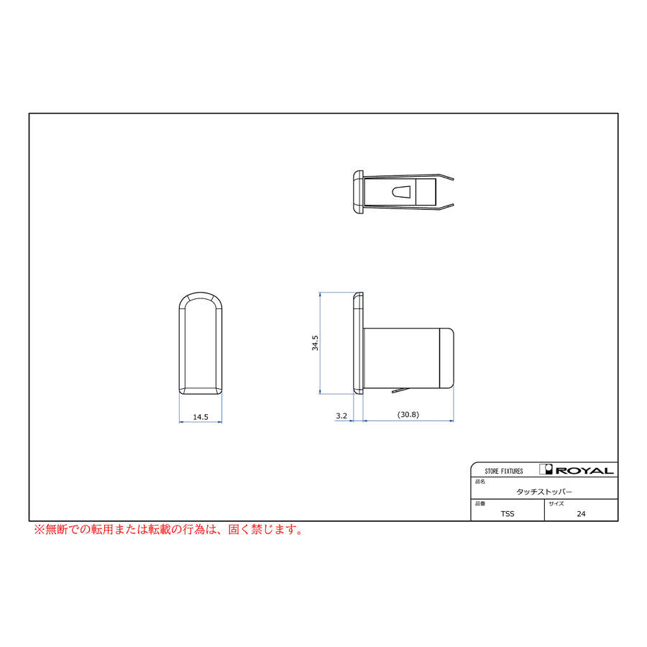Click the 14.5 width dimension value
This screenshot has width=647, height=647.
coord(200,417)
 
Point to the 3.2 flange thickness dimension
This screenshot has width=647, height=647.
coord(341,416)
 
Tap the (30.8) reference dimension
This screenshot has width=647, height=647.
coord(408,416)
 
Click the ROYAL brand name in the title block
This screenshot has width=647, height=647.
coord(584,471)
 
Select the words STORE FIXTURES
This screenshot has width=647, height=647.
coord(504,472)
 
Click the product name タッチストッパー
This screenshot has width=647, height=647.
coord(544,492)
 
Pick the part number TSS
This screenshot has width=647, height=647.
coord(508,514)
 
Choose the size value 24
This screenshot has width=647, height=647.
coord(581,514)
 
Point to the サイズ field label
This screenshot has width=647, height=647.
coord(556,504)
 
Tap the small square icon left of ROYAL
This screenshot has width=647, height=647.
coord(546,470)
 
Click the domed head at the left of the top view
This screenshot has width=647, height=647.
coord(357,192)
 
